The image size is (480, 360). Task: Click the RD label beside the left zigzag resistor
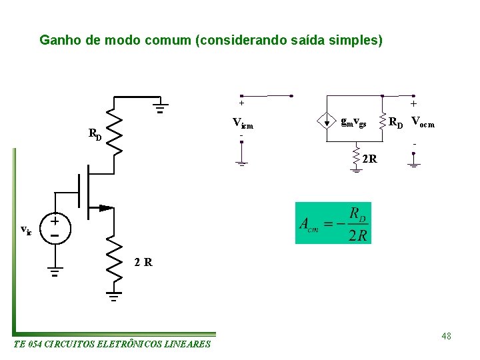point(95,133)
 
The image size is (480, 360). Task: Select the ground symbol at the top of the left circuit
point(160,107)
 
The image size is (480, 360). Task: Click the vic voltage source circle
point(55,227)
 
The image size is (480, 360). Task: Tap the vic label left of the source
point(26,230)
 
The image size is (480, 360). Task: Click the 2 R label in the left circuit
point(143,262)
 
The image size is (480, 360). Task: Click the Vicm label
point(243,123)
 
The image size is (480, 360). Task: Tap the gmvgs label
point(353,121)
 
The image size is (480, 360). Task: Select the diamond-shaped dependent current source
point(327,121)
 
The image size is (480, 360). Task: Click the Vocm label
point(423,121)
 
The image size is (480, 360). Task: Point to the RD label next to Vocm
point(396,122)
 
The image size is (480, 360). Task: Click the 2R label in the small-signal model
point(370,159)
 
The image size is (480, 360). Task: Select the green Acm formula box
point(334,223)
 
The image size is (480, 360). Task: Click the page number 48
point(446,336)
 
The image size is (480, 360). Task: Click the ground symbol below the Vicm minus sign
point(241,162)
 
